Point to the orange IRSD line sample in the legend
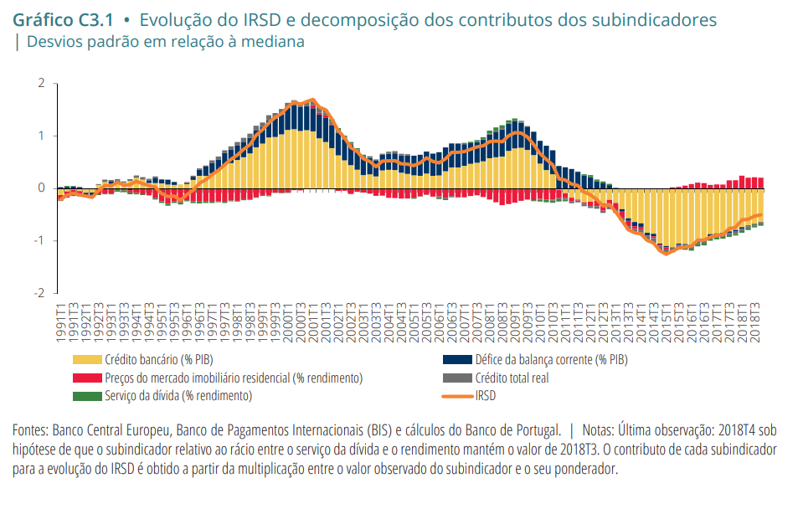tap(456, 395)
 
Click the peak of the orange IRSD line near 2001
tap(312, 100)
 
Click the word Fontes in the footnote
tap(30, 430)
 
